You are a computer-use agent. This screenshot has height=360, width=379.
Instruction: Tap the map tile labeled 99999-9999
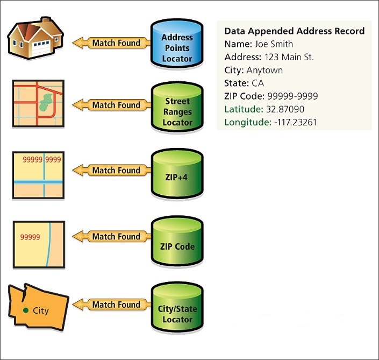click(38, 175)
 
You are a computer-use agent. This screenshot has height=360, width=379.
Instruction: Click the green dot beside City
click(26, 310)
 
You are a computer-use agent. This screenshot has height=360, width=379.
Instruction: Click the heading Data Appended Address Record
click(294, 31)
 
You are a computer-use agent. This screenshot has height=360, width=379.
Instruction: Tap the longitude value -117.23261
click(297, 122)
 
